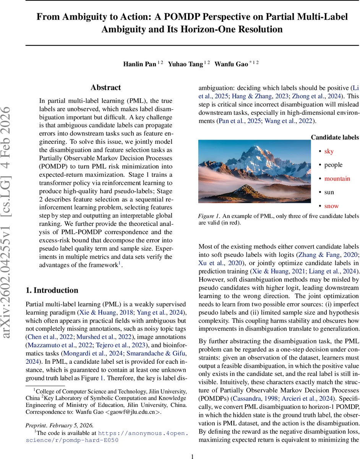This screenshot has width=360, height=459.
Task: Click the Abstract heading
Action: coord(106,88)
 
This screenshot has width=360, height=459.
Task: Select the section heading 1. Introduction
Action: coord(52,290)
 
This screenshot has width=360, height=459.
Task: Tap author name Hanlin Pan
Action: coord(139,64)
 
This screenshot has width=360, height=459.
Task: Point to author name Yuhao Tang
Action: coord(185,64)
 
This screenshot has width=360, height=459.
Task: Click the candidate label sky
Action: coord(329,151)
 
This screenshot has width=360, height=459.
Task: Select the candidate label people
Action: coord(333,165)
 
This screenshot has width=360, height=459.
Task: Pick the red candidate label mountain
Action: coord(337,179)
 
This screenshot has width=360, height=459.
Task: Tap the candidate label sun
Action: coord(329,192)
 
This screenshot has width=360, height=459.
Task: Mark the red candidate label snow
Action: coord(331,206)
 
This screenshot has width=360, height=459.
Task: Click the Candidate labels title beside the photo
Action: coord(335,137)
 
